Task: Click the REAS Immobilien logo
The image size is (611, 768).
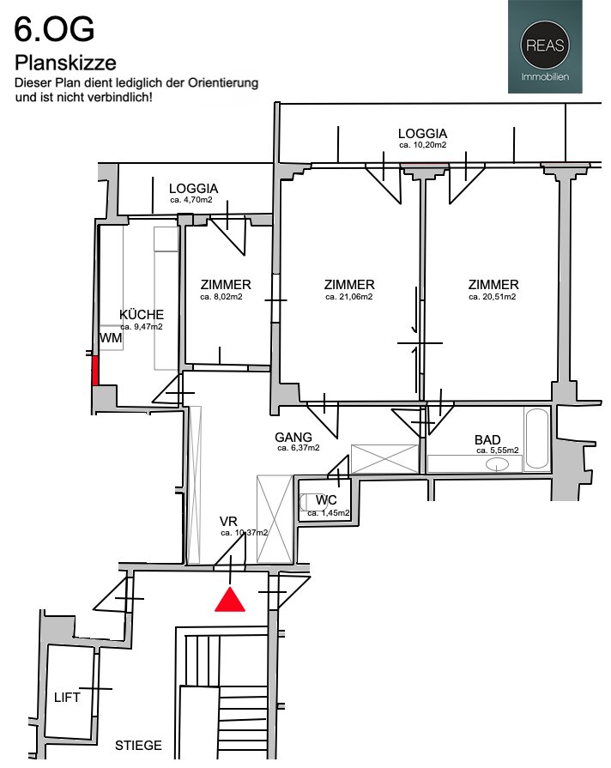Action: (x=545, y=46)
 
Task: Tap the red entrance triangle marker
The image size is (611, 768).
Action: (x=230, y=601)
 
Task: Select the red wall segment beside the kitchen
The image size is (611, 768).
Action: (x=95, y=371)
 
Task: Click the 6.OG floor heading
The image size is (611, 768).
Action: (x=54, y=29)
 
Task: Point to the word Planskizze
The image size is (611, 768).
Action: (x=65, y=63)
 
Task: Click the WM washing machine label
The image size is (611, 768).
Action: (x=111, y=338)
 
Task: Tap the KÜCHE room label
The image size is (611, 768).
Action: (x=142, y=314)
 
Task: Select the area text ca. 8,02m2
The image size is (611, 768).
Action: (x=221, y=297)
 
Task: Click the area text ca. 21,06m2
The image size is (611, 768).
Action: (x=349, y=297)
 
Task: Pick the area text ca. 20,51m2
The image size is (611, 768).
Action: (x=492, y=297)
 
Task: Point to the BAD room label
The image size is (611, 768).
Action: (x=487, y=440)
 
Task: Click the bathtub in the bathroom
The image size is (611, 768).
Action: (x=536, y=438)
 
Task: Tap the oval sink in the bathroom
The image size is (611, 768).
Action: (x=498, y=464)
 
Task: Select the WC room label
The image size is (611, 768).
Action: (x=326, y=500)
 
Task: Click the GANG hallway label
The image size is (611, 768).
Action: (x=293, y=437)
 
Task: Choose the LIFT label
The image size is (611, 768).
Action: (x=67, y=698)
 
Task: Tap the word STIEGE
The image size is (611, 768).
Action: (x=138, y=746)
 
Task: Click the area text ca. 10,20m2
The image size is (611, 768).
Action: (x=422, y=145)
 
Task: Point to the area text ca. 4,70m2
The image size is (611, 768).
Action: (x=191, y=200)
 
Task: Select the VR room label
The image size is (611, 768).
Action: (x=228, y=521)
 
